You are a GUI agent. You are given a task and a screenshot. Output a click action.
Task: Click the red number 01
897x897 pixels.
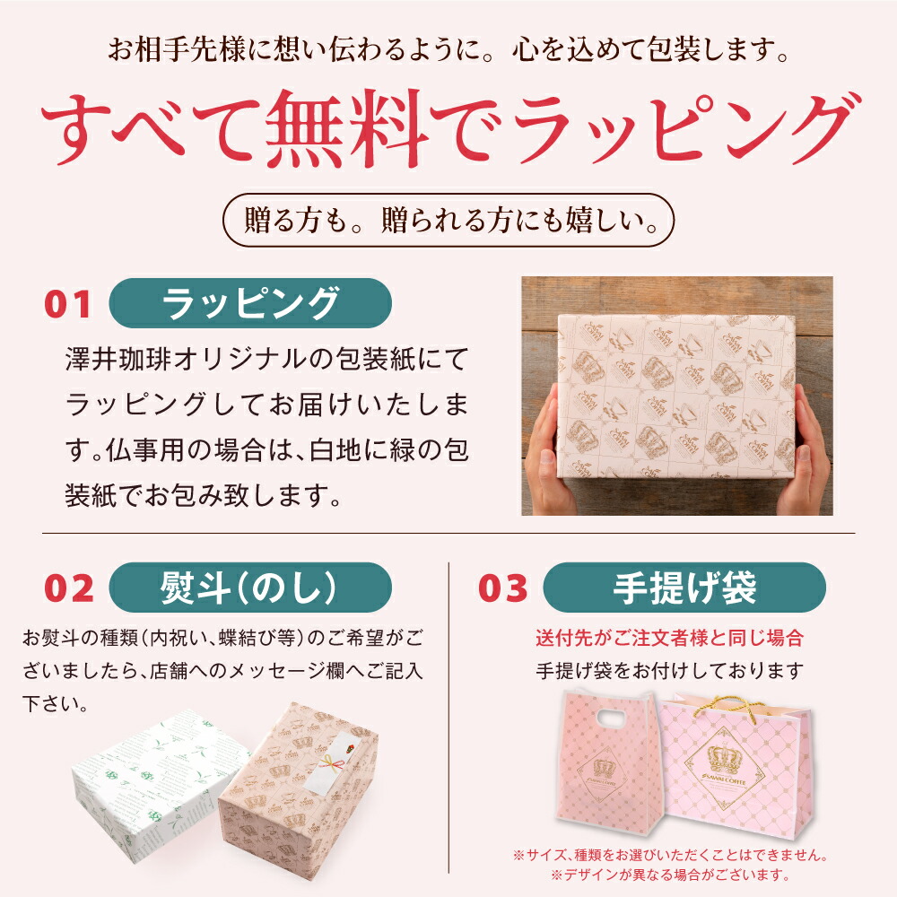[x=68, y=304]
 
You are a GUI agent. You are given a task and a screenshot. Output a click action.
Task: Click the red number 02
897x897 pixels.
[x=69, y=588]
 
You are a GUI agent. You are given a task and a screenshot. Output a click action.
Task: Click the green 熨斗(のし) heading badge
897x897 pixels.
[x=250, y=588]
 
